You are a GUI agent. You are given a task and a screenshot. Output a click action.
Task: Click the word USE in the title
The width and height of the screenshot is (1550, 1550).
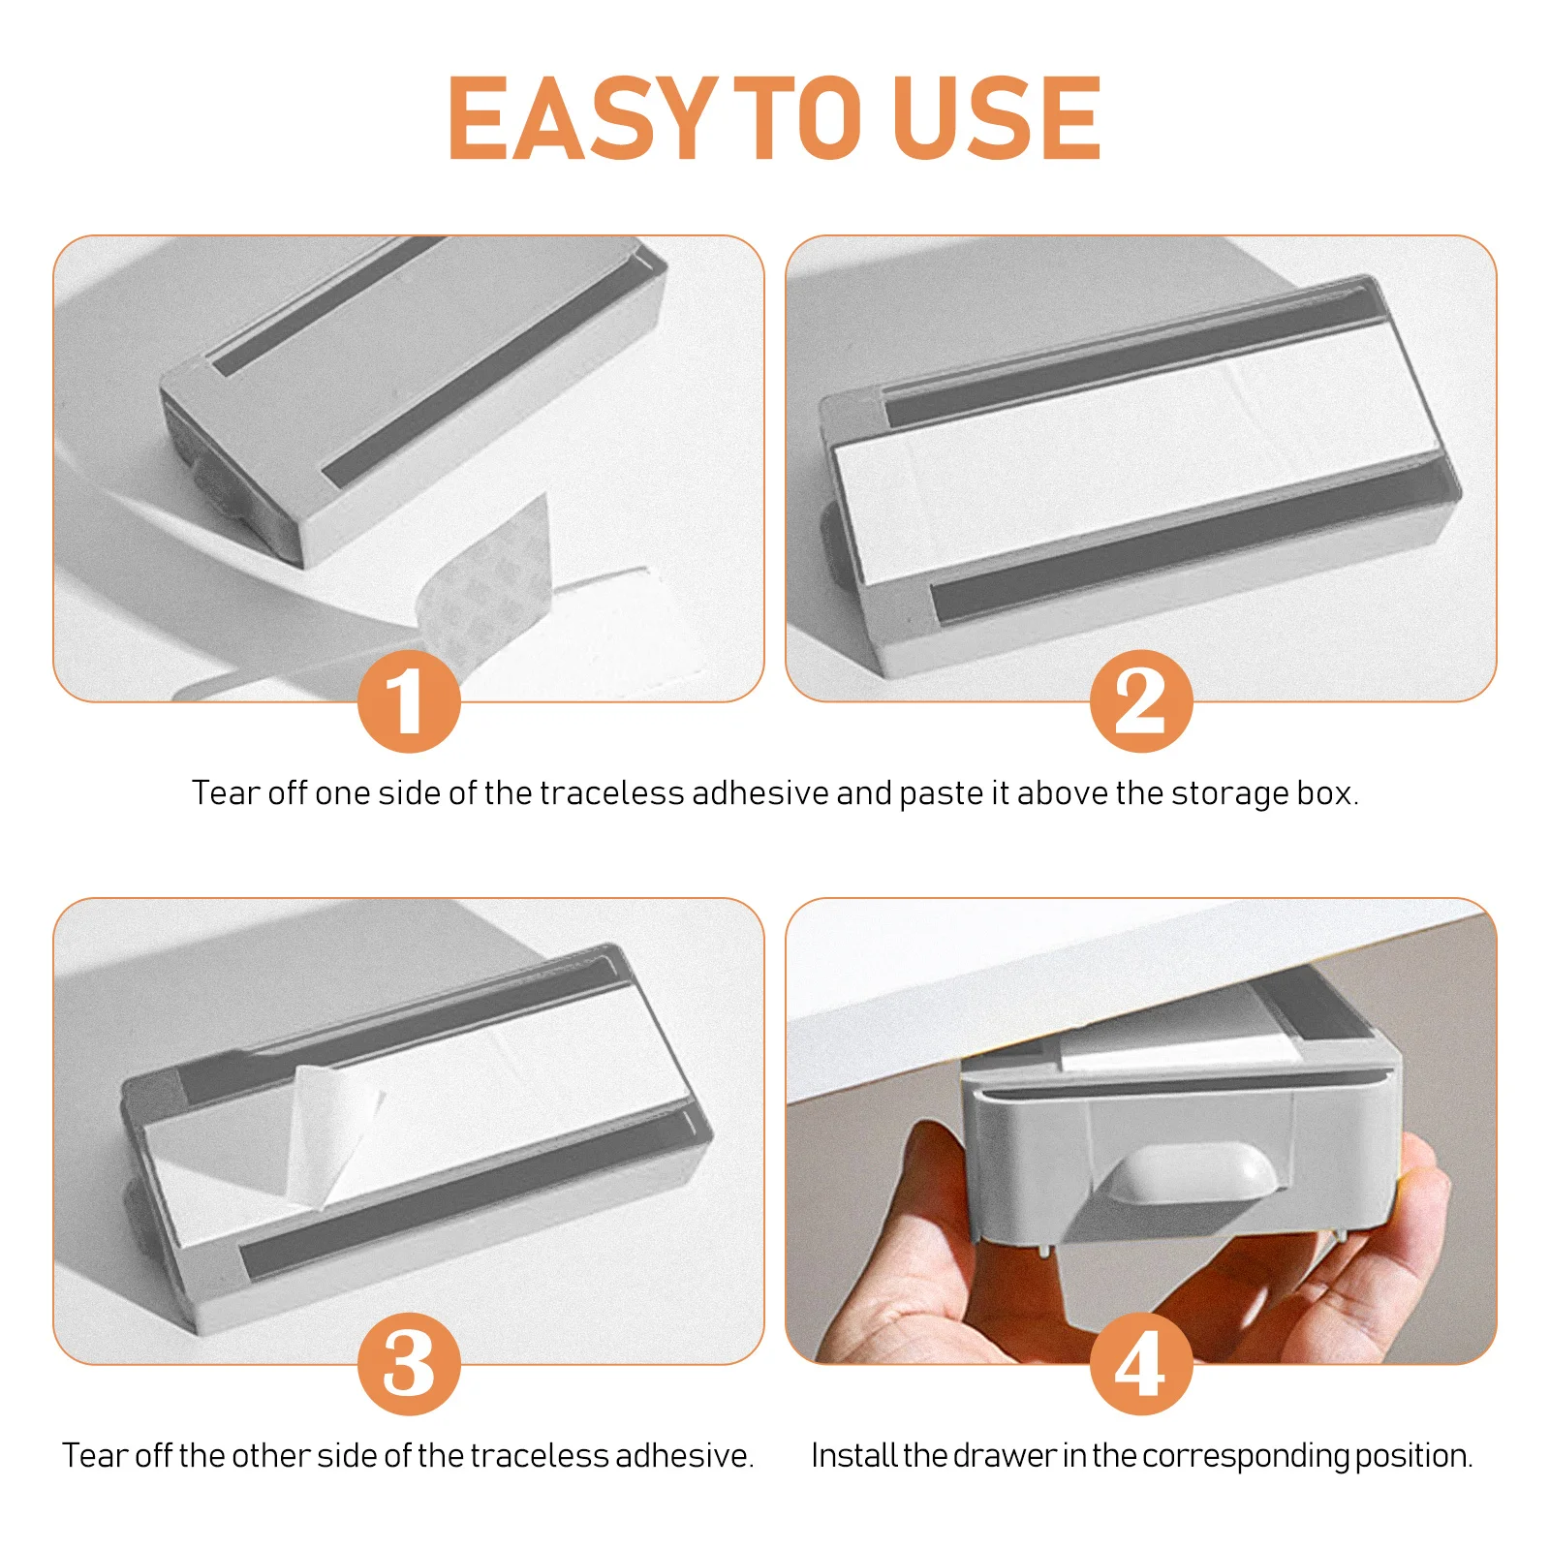(998, 118)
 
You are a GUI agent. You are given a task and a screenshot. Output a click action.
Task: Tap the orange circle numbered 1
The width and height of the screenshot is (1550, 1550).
(408, 701)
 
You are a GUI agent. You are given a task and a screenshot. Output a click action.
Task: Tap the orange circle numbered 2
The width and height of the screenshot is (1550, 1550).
(1140, 701)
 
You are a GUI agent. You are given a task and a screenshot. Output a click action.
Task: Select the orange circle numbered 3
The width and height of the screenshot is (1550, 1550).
(408, 1364)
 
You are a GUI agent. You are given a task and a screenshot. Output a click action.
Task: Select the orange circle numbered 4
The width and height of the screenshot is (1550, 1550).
(1140, 1364)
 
